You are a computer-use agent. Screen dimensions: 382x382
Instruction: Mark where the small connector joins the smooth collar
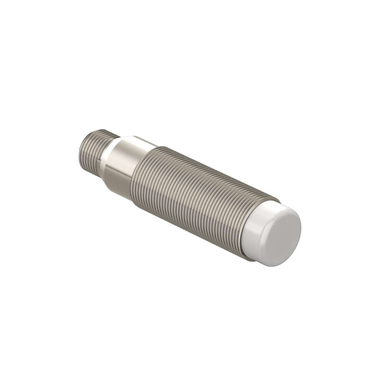(x=106, y=153)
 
